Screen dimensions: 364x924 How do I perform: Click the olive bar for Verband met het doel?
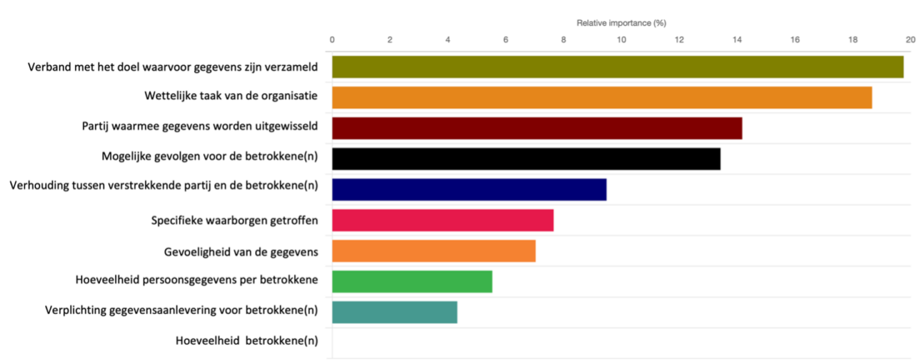[x=618, y=67]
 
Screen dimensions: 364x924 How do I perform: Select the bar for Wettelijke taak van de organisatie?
[x=602, y=98]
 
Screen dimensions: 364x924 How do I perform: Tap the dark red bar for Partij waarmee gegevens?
[x=537, y=129]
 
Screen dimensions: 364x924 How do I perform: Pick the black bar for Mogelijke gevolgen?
[x=526, y=159]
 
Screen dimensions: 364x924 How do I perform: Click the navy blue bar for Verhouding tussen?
[x=469, y=190]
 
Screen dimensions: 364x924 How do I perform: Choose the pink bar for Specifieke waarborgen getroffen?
[x=443, y=220]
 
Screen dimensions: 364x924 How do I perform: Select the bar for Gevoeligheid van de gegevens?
[x=434, y=251]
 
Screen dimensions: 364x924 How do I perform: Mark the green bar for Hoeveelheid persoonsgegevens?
[x=412, y=281]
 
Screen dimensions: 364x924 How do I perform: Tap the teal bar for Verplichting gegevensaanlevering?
[x=394, y=312]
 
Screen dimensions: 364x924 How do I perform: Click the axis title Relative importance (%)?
[x=621, y=23]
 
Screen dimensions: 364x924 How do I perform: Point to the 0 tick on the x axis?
[x=333, y=40]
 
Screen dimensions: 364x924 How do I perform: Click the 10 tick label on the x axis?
[x=621, y=40]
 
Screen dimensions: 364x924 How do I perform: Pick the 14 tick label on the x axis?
[x=737, y=40]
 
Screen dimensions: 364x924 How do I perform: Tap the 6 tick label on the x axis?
[x=505, y=40]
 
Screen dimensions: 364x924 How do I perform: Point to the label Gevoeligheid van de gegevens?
[x=241, y=252]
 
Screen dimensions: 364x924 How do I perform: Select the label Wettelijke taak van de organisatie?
[x=231, y=96]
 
